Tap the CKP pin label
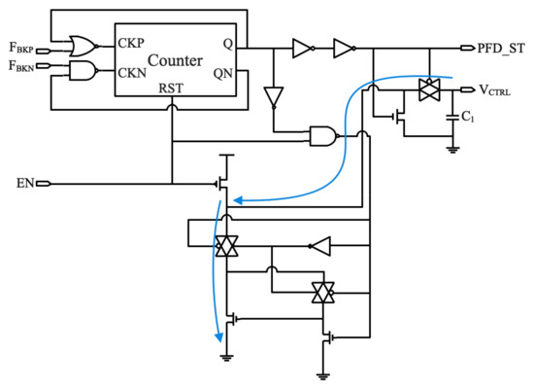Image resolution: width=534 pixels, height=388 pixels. coord(131,44)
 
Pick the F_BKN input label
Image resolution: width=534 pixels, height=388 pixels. coord(20,67)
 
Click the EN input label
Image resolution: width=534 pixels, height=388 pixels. coord(25,182)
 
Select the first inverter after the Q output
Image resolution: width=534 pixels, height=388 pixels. coord(303,46)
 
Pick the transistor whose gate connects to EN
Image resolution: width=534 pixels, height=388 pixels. coord(222,182)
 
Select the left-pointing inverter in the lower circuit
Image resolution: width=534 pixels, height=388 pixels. coord(320,247)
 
